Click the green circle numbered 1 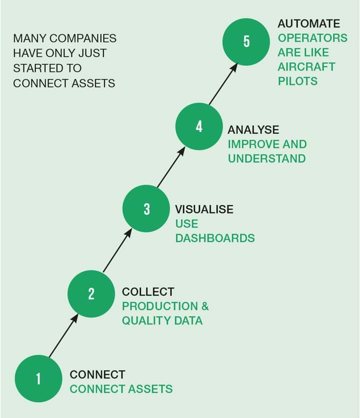coord(38,379)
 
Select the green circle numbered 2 coord(91,294)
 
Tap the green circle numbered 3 coord(146,208)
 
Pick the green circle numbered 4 coord(199,126)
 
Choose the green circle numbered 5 coord(246,41)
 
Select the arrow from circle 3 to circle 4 coord(171,167)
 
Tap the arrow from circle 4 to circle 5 coord(223,84)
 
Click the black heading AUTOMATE coord(309,24)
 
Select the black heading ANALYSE coord(253,130)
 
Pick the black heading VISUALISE coord(204,209)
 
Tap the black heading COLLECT coord(148,292)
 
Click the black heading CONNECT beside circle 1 coord(97,375)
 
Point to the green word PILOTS coord(298,81)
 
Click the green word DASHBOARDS coord(215,238)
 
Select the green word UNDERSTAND coord(267,159)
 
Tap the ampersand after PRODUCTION coord(205,306)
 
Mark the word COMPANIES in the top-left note coord(83,38)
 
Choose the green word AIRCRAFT coord(306,66)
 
